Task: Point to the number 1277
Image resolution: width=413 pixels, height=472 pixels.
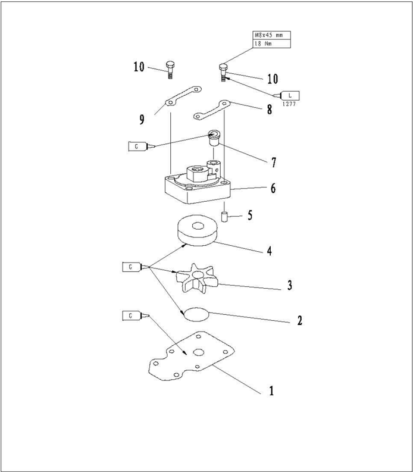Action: [x=289, y=104]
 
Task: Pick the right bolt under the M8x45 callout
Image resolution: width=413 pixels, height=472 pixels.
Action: [x=223, y=73]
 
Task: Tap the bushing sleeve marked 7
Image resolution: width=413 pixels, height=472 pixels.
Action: [x=214, y=137]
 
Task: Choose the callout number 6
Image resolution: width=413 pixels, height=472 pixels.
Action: [x=273, y=188]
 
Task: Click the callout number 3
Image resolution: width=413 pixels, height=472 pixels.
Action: [x=289, y=286]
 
